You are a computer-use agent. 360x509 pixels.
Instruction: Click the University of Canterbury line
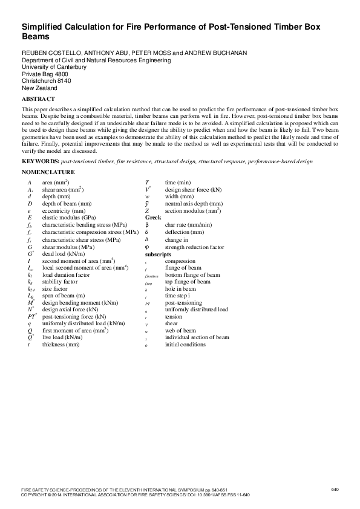pyautogui.click(x=54, y=67)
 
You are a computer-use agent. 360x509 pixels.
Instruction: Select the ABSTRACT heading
pyautogui.click(x=39, y=98)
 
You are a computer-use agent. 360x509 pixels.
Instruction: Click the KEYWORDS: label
pyautogui.click(x=41, y=162)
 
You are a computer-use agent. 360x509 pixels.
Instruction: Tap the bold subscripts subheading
pyautogui.click(x=158, y=255)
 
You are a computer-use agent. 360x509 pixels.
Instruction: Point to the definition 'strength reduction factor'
pyautogui.click(x=194, y=247)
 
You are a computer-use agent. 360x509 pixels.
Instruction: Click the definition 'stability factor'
pyautogui.click(x=60, y=282)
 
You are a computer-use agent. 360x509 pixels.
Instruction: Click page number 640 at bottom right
pyautogui.click(x=335, y=488)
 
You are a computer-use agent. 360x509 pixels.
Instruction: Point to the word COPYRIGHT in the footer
pyautogui.click(x=34, y=494)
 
